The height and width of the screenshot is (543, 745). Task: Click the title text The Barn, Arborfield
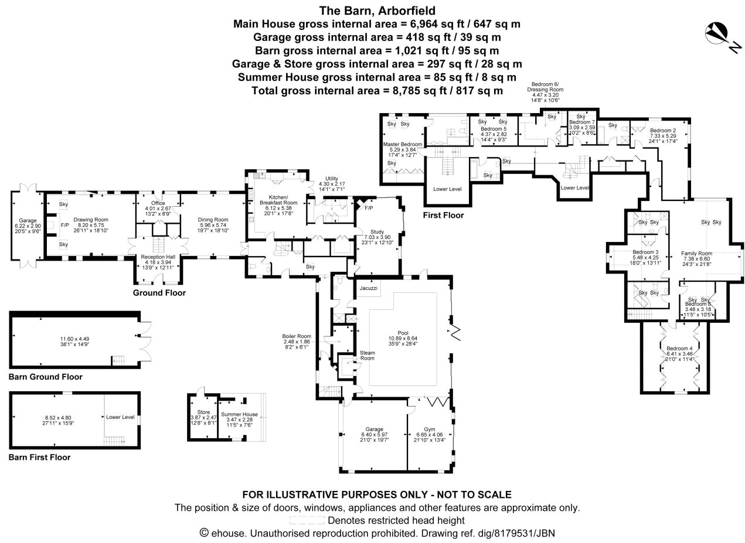tap(377, 11)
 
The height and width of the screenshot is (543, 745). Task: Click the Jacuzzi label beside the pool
tap(368, 289)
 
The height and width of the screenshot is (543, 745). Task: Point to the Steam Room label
tap(367, 356)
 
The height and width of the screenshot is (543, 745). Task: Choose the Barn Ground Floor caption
tap(46, 377)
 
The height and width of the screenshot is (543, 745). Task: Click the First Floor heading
tap(443, 216)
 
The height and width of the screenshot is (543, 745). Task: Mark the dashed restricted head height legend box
tap(307, 520)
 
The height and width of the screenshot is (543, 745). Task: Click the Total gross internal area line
tap(377, 91)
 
